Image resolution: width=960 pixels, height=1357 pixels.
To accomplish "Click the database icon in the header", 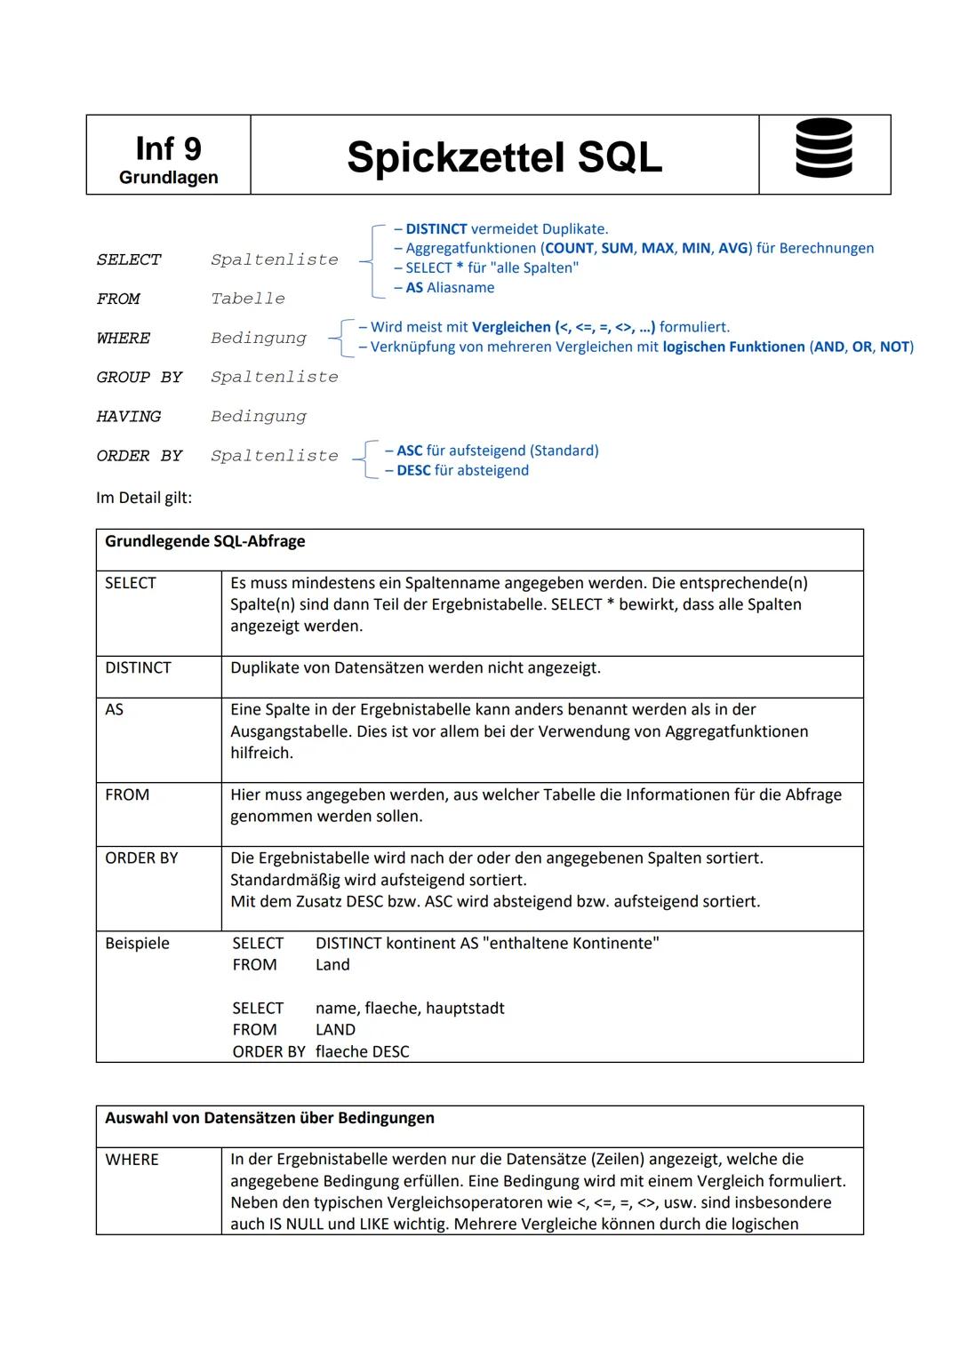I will tap(823, 148).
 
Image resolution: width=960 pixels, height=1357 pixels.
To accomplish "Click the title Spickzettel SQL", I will tap(504, 157).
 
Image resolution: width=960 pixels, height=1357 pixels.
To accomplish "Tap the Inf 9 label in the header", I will tap(168, 148).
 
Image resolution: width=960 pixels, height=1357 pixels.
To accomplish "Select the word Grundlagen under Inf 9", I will tap(168, 178).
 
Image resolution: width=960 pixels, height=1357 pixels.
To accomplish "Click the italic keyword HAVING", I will tap(129, 417).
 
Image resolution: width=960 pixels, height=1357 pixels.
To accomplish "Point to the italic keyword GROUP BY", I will tap(139, 378).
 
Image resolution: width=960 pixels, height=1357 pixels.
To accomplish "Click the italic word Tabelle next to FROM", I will tap(248, 299).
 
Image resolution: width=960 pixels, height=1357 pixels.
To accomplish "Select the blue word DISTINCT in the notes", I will tap(436, 229).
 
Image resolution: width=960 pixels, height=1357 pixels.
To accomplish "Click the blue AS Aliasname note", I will tap(450, 288).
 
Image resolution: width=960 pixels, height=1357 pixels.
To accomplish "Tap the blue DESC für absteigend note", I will tap(462, 471).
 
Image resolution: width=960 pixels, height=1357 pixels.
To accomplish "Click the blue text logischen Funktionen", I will tap(733, 347).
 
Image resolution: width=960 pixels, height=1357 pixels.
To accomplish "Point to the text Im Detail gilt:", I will tap(144, 498).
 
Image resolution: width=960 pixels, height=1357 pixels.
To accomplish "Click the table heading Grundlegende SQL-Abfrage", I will tap(205, 542).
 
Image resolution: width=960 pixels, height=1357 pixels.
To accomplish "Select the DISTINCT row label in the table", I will tap(138, 668).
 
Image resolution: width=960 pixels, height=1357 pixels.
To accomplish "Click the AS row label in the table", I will tap(115, 710).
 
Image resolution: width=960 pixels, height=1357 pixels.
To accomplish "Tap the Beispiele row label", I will tap(137, 944).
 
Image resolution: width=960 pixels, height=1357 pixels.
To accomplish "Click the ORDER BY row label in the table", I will tap(141, 858).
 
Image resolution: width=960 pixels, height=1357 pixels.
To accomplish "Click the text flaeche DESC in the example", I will tap(362, 1052).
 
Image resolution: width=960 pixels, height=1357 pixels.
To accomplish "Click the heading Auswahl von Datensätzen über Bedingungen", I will tap(269, 1118).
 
